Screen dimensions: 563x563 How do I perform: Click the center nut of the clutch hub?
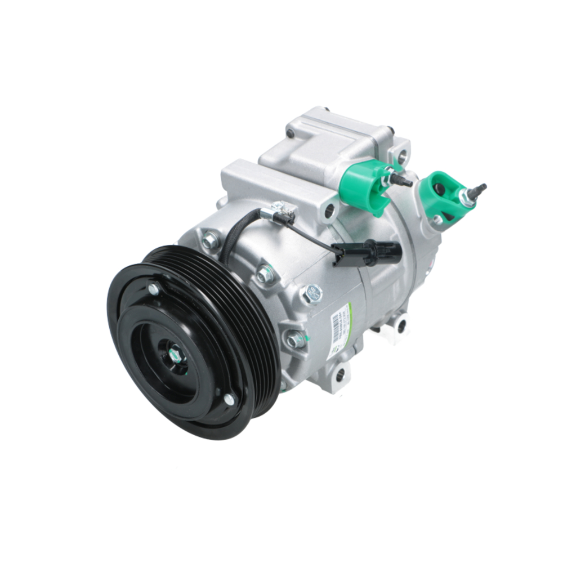tap(175, 356)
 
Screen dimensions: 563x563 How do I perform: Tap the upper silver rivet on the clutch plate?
tap(153, 289)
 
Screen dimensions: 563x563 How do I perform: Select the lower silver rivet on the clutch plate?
tap(229, 400)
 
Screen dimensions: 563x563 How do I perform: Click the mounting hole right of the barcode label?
tap(401, 325)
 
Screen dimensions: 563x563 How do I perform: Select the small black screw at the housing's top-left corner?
tap(291, 134)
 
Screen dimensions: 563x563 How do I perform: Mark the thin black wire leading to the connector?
tap(315, 236)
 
